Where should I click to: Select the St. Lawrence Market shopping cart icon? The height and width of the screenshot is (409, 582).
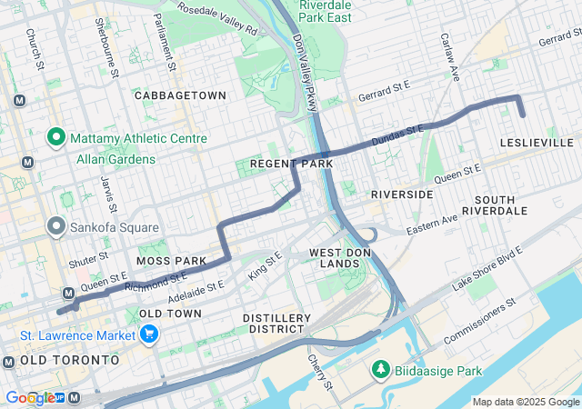tap(149, 334)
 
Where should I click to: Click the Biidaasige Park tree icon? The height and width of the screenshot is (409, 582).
tap(379, 369)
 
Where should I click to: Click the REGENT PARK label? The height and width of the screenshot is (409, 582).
tap(285, 164)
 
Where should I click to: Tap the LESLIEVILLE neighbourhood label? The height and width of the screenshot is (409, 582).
tap(537, 143)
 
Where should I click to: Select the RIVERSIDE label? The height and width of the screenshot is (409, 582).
tap(402, 195)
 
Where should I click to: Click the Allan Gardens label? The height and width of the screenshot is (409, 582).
tap(115, 159)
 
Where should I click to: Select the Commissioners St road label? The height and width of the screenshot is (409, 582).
tap(480, 320)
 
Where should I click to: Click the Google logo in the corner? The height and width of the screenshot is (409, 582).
tap(29, 398)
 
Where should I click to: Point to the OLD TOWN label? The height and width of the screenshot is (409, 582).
tap(170, 314)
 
